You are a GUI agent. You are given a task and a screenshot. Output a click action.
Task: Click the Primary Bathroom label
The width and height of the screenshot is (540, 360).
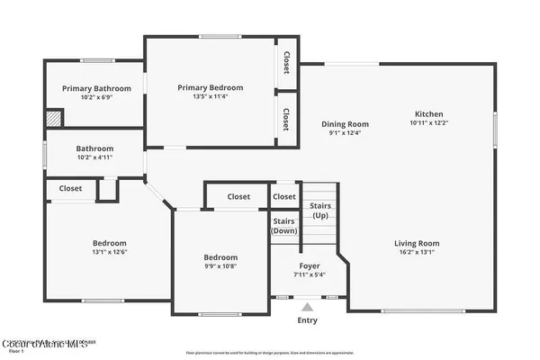coord(96,88)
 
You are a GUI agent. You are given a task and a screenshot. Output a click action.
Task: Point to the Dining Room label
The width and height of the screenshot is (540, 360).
coord(346,124)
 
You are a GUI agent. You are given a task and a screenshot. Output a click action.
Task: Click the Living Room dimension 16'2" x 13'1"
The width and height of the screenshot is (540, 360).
coord(416,252)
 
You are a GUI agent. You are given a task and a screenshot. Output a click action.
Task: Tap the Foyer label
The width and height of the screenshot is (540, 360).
coord(309,265)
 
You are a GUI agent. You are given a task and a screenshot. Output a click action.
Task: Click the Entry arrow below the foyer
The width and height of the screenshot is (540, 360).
coord(308,307)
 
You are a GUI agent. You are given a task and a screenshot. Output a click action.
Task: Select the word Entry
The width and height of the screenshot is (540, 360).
coord(308,320)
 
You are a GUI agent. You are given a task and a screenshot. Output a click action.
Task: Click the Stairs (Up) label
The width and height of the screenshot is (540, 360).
coord(320,211)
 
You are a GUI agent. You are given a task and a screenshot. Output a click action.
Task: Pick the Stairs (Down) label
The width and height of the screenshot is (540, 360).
coord(284,225)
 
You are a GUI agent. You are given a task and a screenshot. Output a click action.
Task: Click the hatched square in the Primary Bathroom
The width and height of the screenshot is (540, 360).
coord(55,118)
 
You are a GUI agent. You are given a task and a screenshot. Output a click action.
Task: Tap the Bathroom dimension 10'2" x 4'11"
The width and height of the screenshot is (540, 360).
coord(94,157)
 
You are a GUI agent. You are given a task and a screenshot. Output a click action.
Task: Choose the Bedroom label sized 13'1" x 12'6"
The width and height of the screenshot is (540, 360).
coord(109,243)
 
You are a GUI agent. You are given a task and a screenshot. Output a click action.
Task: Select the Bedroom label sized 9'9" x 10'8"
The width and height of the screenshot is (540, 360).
coord(220,257)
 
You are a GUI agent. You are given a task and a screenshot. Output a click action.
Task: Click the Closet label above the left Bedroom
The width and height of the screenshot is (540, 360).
coord(71,188)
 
